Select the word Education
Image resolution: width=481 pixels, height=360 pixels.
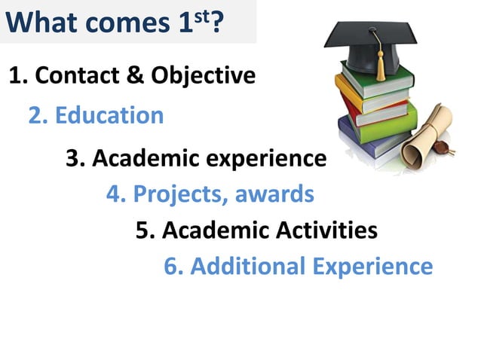point(109,115)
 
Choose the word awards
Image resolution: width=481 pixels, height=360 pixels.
point(274,194)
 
